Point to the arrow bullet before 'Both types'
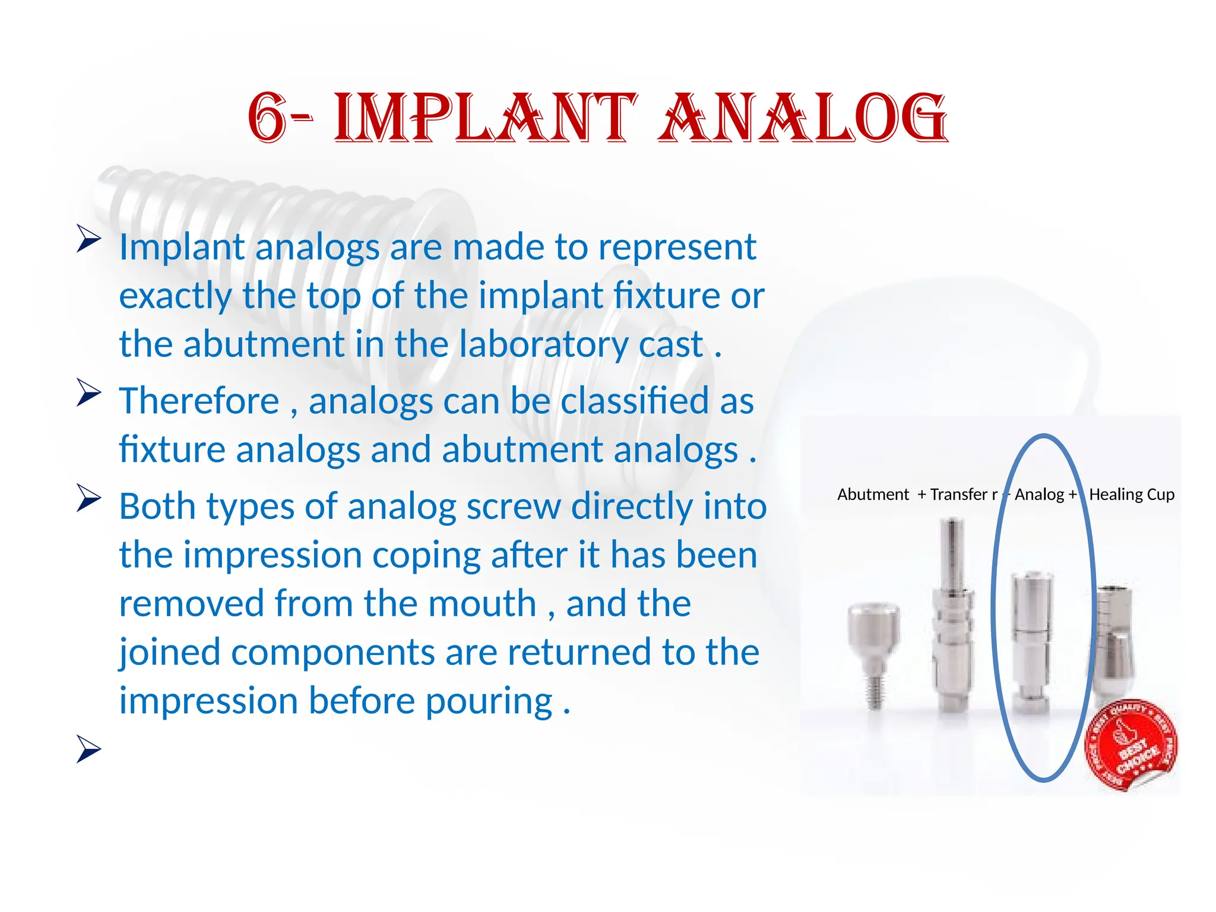[89, 498]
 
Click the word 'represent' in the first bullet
[677, 248]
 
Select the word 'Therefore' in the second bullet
[199, 401]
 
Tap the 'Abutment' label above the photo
[873, 495]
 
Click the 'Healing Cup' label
[1132, 495]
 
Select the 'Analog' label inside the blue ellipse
[1039, 495]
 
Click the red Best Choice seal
[1131, 745]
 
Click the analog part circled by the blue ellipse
[1031, 641]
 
